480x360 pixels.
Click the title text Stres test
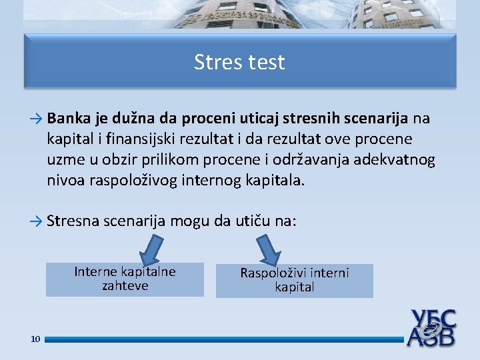(239, 62)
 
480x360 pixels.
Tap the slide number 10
(35, 339)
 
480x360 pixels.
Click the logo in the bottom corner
(431, 327)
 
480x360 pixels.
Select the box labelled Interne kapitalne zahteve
(125, 279)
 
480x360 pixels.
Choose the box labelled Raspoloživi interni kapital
(295, 281)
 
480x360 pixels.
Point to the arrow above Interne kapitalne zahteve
(151, 250)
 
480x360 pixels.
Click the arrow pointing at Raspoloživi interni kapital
(269, 250)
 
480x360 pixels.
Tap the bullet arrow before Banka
(36, 119)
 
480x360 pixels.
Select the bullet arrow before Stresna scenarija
(36, 221)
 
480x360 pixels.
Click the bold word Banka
(69, 118)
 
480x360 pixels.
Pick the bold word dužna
(133, 118)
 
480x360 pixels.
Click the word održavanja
(311, 160)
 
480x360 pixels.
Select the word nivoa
(66, 180)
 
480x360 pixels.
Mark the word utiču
(253, 221)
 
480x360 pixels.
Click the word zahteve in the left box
(125, 286)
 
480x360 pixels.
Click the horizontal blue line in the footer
(224, 339)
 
